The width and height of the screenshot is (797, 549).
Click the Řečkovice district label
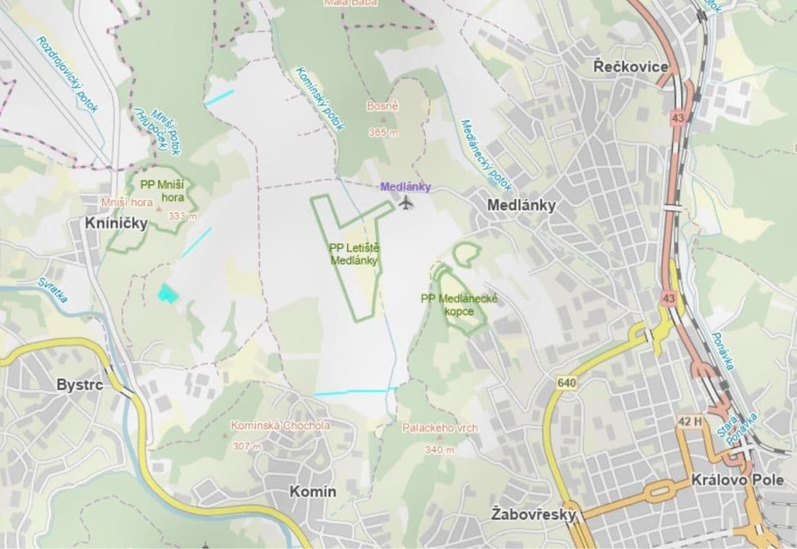click(631, 67)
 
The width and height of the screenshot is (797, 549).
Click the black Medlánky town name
click(521, 205)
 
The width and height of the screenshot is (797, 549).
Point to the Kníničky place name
click(116, 224)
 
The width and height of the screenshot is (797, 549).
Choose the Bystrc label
click(80, 385)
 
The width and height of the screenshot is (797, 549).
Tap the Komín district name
click(313, 491)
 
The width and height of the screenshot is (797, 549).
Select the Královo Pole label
click(738, 480)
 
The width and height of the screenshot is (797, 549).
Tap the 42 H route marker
click(689, 421)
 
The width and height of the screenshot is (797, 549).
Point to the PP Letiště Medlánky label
click(354, 255)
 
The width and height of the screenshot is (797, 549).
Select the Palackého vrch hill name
click(440, 428)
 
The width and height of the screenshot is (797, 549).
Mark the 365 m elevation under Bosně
click(383, 132)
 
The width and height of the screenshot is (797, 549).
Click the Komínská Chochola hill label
click(271, 425)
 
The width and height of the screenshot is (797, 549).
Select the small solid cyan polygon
click(167, 294)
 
